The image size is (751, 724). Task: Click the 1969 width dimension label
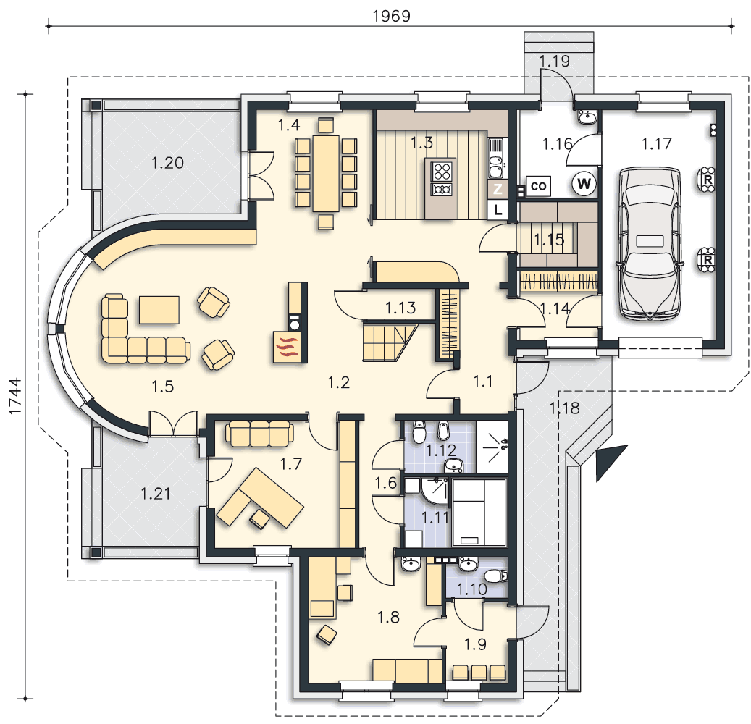(x=391, y=16)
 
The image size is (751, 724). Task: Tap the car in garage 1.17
(x=650, y=243)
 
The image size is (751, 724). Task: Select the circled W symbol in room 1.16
(x=584, y=184)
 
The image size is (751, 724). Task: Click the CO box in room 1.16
(x=538, y=186)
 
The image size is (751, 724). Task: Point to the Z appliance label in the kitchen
(x=498, y=189)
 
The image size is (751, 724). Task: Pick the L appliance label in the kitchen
(x=498, y=209)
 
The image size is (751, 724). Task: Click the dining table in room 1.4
(x=326, y=173)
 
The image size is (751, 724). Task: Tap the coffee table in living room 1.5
(x=159, y=310)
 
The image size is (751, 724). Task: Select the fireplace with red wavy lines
(x=286, y=346)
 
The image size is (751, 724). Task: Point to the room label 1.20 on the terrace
(x=167, y=164)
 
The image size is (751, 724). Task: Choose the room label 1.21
(x=156, y=493)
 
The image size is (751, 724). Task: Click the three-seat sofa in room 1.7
(x=259, y=434)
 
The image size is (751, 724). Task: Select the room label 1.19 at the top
(x=555, y=61)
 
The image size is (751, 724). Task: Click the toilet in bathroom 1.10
(x=495, y=576)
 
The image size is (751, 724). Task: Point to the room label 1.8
(x=388, y=618)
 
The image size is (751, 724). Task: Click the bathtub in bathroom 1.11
(x=479, y=513)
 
